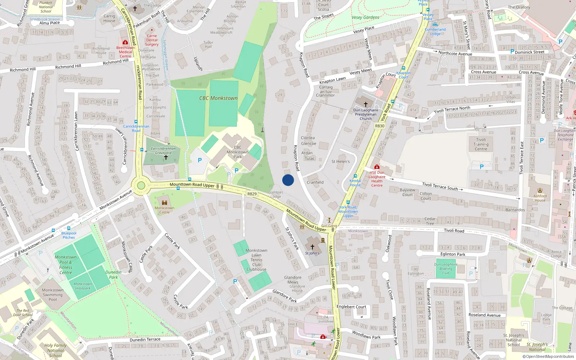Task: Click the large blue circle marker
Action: click(288, 180)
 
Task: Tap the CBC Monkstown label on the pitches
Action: click(218, 98)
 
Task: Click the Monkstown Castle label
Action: click(165, 210)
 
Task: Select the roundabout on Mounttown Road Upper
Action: click(141, 186)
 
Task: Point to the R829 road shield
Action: click(252, 194)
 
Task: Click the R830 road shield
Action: click(380, 126)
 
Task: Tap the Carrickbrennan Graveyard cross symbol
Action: click(166, 157)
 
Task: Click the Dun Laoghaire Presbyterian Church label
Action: click(366, 114)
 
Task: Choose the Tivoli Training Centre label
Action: click(481, 144)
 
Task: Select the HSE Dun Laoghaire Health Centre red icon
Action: click(377, 167)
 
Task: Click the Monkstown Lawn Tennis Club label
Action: click(256, 260)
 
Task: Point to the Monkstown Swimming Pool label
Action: click(53, 294)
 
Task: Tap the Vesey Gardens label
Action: click(365, 17)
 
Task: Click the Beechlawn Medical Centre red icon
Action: click(125, 42)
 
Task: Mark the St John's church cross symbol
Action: click(312, 247)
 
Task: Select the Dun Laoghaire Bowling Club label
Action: click(446, 269)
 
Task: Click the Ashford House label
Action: click(540, 198)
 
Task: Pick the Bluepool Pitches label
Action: click(69, 235)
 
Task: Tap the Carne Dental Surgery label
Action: click(152, 40)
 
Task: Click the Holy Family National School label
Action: click(55, 350)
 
